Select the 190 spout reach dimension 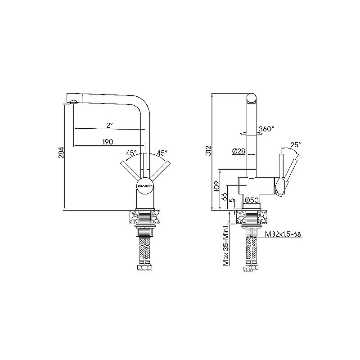click(107, 142)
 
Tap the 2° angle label click(109, 124)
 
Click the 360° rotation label click(266, 129)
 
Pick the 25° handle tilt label click(295, 144)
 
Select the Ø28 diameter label click(238, 151)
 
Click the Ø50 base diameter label click(251, 200)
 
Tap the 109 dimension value click(216, 187)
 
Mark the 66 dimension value click(224, 197)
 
